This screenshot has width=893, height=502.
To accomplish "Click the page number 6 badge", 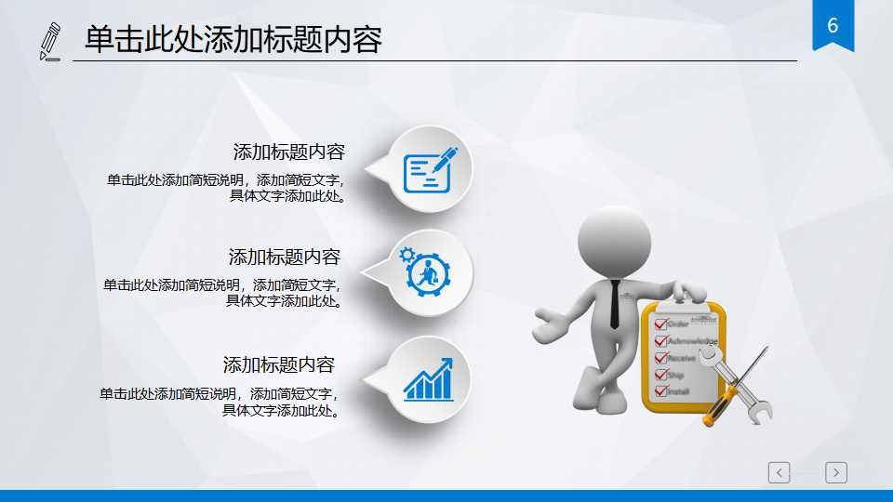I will (x=833, y=26).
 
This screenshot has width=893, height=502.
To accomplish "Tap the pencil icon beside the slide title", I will (x=50, y=42).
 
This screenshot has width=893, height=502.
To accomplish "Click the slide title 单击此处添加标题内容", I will (x=233, y=40).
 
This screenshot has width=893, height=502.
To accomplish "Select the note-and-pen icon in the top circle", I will (x=430, y=170).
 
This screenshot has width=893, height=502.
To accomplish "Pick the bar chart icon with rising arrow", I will (x=428, y=379).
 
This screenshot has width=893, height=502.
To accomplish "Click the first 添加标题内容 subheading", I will (x=288, y=152).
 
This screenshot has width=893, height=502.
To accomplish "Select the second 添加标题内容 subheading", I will (x=285, y=257).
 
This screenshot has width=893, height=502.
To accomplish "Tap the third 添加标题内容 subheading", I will (x=278, y=364).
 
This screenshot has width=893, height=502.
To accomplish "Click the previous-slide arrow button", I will (x=780, y=472).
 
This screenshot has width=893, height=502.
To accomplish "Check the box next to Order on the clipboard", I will (x=660, y=324).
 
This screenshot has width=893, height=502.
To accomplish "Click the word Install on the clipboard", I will (x=679, y=391).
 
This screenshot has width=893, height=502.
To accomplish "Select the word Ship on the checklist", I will (x=677, y=375).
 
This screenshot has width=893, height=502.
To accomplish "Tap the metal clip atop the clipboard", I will (x=685, y=295).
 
